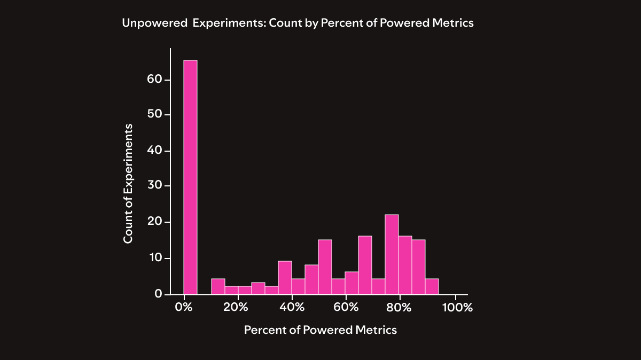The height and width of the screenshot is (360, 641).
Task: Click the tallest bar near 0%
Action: pos(191,177)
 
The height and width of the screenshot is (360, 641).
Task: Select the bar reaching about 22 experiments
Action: pos(392,254)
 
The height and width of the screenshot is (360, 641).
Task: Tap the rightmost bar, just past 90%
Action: pos(432,286)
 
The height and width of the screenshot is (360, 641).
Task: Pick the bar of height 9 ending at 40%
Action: pos(285,277)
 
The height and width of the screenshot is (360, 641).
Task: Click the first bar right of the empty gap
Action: pos(218,286)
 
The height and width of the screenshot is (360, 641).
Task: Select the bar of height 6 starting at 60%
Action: pos(351,283)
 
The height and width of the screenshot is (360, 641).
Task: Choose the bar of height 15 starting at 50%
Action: pos(325,267)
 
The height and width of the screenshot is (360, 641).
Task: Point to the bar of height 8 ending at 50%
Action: pos(311,279)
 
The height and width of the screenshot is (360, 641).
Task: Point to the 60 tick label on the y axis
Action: pos(154,79)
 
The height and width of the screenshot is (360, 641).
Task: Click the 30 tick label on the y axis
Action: pos(154,186)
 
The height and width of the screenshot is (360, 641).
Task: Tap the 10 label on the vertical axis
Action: pos(154,257)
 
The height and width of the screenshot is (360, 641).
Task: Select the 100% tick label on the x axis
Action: pos(458,308)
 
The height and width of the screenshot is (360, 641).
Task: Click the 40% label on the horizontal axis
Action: pos(292,308)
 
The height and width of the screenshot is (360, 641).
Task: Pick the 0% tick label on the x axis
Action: pos(184,308)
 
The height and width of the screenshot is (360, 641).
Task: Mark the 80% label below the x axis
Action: pos(399,308)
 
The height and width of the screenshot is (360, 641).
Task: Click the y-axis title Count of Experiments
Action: pos(128,184)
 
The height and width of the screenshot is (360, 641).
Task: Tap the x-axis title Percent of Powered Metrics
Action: pos(320,330)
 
